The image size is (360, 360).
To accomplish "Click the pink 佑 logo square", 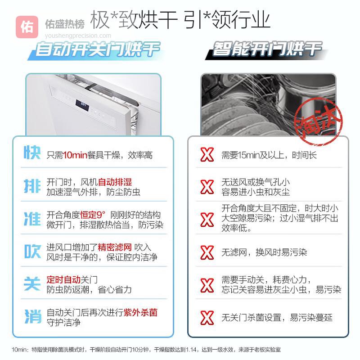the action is pyautogui.click(x=27, y=27).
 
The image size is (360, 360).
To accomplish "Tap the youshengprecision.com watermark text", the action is pyautogui.click(x=78, y=36).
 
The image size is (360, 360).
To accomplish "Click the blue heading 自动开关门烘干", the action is pyautogui.click(x=97, y=49).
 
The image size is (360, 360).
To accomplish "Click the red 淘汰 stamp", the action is pyautogui.click(x=318, y=121).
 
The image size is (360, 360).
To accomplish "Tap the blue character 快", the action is pyautogui.click(x=32, y=152).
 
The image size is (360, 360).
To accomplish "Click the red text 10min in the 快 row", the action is pyautogui.click(x=75, y=155).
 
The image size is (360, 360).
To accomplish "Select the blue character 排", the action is pyautogui.click(x=32, y=185).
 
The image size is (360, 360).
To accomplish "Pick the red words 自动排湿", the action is pyautogui.click(x=115, y=182).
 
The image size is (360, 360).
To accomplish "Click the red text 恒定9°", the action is pyautogui.click(x=93, y=215).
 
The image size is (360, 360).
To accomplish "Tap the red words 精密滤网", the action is pyautogui.click(x=115, y=247).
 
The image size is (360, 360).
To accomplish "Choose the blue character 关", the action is pyautogui.click(x=32, y=283).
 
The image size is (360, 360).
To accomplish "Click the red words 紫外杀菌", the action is pyautogui.click(x=140, y=312).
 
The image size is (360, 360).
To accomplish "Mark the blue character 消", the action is pyautogui.click(x=33, y=316).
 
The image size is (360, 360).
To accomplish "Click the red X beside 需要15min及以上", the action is pyautogui.click(x=207, y=154).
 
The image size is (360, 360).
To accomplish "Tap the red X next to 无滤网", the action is pyautogui.click(x=207, y=252).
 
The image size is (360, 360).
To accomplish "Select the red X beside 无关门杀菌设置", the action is pyautogui.click(x=207, y=318).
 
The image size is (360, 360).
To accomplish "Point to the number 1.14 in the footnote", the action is pyautogui.click(x=191, y=350).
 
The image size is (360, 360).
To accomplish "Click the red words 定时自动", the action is pyautogui.click(x=63, y=280).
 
